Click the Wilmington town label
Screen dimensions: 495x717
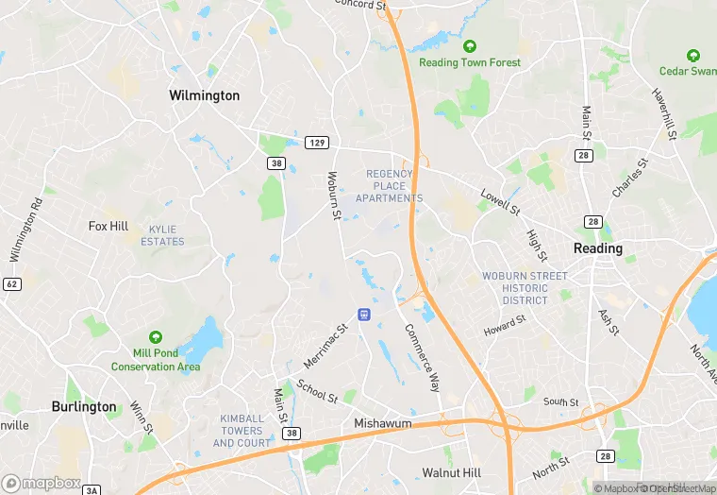pos(204,95)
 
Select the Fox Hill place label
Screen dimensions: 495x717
pos(108,227)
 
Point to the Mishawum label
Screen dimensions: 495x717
pos(383,424)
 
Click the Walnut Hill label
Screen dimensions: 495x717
pos(451,472)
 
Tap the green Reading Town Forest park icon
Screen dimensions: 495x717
pos(470,46)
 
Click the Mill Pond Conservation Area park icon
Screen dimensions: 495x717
pos(156,337)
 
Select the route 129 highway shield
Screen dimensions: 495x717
pos(317,143)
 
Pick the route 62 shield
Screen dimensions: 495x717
pos(11,283)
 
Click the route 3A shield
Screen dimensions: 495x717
pos(92,489)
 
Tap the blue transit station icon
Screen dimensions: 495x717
pos(363,314)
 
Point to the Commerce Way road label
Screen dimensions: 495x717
pos(422,358)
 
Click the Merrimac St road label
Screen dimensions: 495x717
pos(326,347)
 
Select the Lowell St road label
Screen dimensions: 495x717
pos(500,200)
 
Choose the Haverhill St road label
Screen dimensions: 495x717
pos(664,115)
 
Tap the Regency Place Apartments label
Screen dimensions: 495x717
pos(389,186)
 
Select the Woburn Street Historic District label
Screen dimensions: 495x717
pos(525,288)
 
